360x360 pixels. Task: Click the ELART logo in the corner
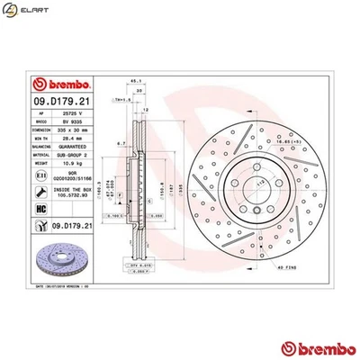26,12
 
